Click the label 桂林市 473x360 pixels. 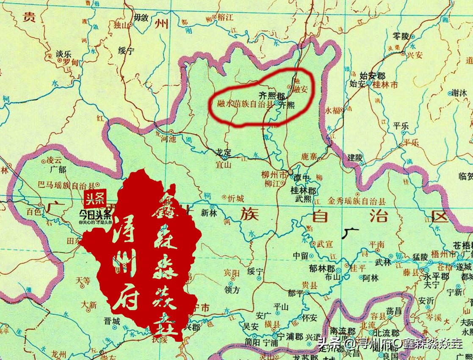(x=385, y=85)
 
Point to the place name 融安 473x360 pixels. (x=299, y=89)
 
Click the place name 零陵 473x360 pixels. (x=401, y=37)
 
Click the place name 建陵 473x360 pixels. (x=355, y=157)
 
